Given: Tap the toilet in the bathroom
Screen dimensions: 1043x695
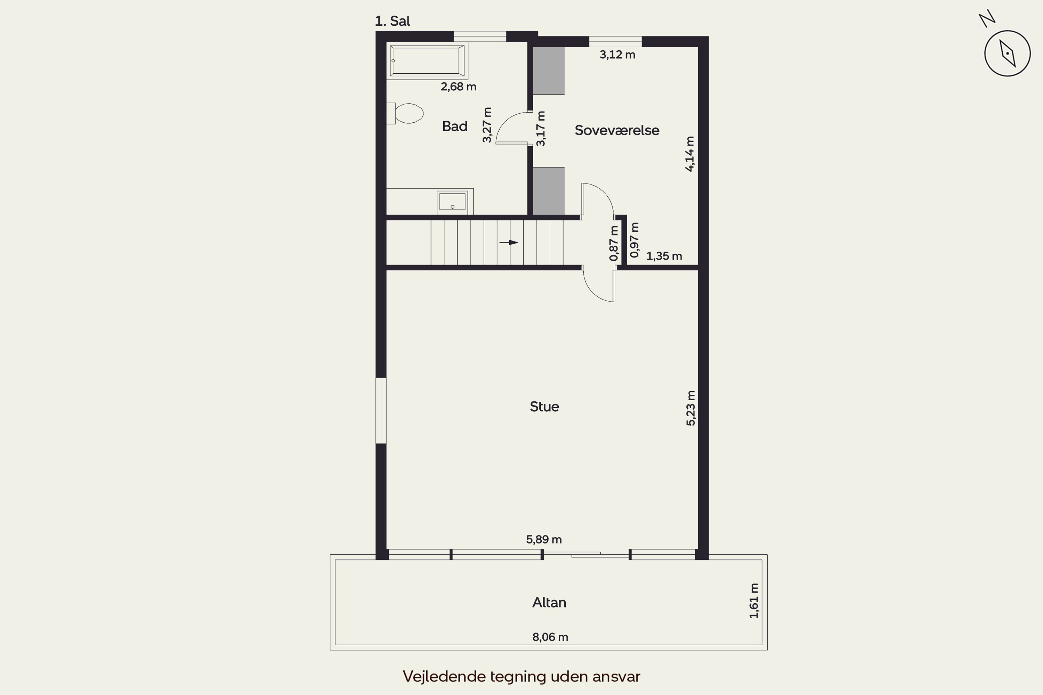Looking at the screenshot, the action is pyautogui.click(x=405, y=114).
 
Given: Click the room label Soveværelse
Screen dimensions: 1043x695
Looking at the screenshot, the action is pyautogui.click(x=617, y=130).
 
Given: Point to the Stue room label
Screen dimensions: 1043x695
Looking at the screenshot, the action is pyautogui.click(x=544, y=407).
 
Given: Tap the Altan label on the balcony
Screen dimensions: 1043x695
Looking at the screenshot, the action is pyautogui.click(x=549, y=602).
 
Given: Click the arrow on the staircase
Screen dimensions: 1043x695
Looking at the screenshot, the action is pyautogui.click(x=509, y=243).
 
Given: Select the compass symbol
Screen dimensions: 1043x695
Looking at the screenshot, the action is pyautogui.click(x=1007, y=53).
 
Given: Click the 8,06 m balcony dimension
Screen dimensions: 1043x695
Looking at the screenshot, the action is pyautogui.click(x=550, y=637).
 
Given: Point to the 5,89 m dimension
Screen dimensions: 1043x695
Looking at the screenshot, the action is pyautogui.click(x=544, y=539).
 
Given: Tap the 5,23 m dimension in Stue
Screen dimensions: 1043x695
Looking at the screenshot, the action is pyautogui.click(x=691, y=408).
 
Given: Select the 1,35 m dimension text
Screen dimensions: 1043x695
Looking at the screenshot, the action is pyautogui.click(x=664, y=256).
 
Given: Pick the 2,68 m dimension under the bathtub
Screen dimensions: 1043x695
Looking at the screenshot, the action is pyautogui.click(x=459, y=87).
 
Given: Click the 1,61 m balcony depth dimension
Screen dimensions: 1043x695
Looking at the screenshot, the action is pyautogui.click(x=754, y=600).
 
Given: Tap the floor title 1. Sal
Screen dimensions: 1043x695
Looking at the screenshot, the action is pyautogui.click(x=393, y=21).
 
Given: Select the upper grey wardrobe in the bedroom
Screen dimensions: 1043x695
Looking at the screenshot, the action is pyautogui.click(x=549, y=71).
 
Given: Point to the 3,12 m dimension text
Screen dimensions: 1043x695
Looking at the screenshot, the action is pyautogui.click(x=617, y=55).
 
